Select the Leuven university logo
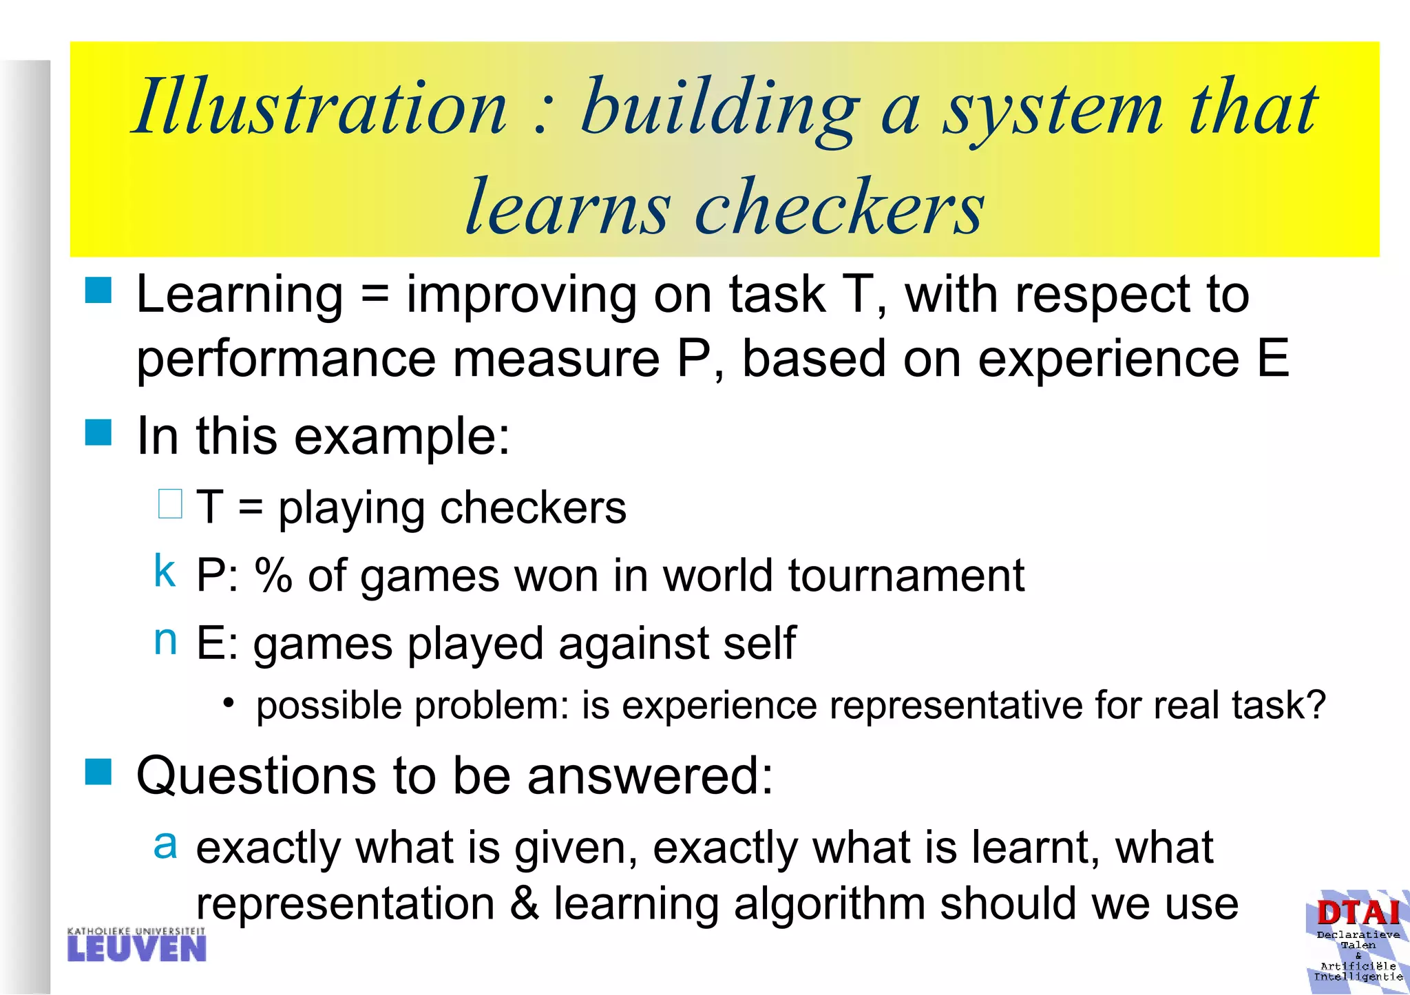coord(137,945)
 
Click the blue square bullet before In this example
coord(98,433)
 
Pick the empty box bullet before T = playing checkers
coord(170,504)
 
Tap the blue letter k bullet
coord(165,571)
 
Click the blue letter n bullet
coord(165,640)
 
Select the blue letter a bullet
coord(165,844)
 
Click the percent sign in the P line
coord(273,576)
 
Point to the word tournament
coord(906,576)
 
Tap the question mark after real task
coord(1315,705)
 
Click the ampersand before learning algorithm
coord(525,904)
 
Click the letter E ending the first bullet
coord(1272,359)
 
